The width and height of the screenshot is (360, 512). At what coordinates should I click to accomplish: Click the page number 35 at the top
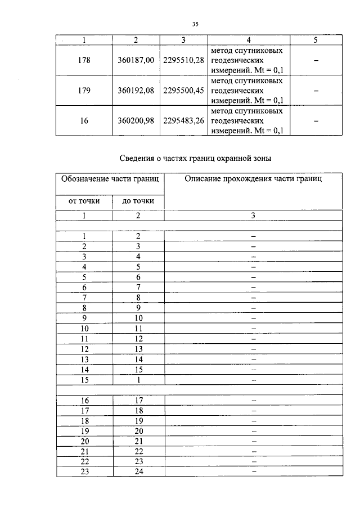(195, 24)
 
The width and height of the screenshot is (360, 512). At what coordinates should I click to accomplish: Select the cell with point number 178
(84, 60)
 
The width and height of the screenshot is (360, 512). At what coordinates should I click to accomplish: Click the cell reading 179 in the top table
(84, 91)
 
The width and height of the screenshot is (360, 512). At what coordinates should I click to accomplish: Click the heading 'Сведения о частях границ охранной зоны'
(199, 158)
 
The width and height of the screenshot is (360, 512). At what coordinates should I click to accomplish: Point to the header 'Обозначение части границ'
(110, 179)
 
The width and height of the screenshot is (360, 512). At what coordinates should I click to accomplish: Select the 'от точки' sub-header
(84, 201)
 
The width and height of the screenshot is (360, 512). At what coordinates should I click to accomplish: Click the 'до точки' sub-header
(138, 201)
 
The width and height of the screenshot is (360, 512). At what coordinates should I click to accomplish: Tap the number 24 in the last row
(138, 471)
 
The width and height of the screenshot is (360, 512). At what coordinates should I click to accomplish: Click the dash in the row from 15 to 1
(253, 380)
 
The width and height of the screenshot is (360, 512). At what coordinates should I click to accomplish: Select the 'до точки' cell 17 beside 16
(138, 400)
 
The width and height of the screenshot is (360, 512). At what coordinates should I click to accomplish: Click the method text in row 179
(246, 91)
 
